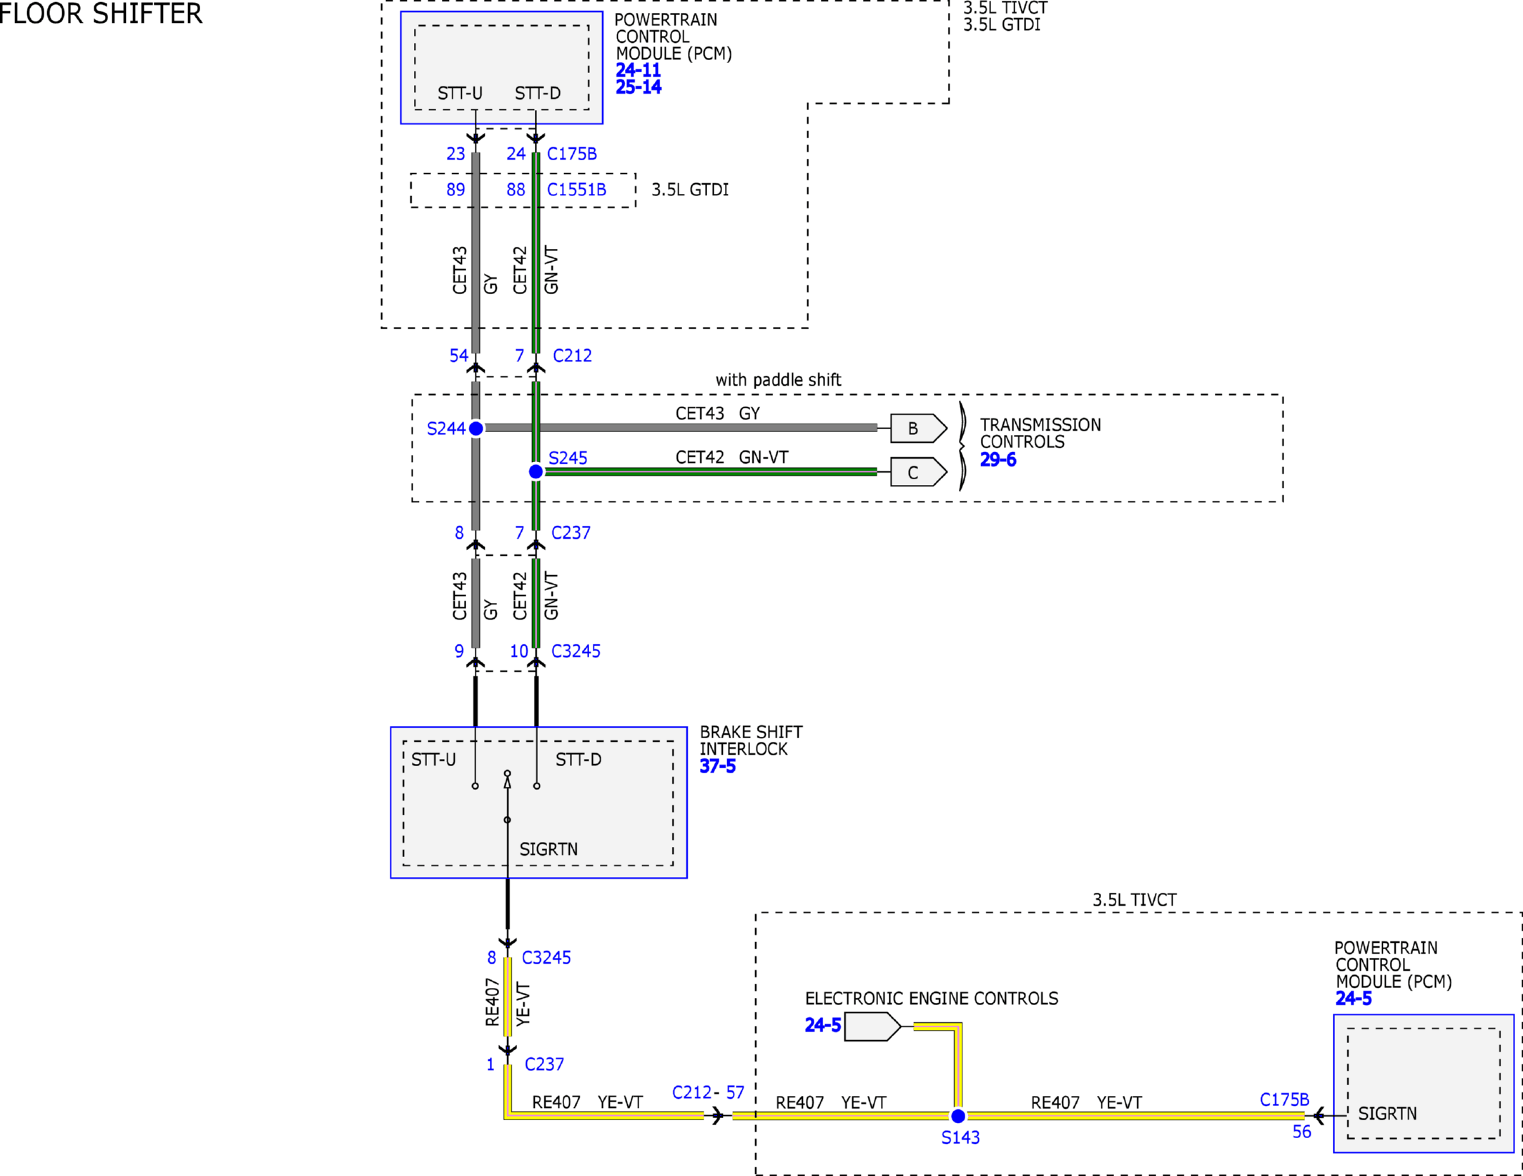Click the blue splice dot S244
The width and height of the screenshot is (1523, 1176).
[x=475, y=428]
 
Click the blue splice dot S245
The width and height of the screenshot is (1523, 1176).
[x=536, y=471]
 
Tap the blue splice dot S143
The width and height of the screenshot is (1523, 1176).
[x=958, y=1115]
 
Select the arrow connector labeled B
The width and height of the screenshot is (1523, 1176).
[x=918, y=428]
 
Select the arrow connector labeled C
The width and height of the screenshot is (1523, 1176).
[x=918, y=472]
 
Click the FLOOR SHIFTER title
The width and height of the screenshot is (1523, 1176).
[x=100, y=14]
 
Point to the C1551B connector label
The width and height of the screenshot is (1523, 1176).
[x=576, y=190]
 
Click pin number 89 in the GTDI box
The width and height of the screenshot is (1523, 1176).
[x=455, y=190]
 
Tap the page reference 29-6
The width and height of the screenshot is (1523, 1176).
[x=997, y=460]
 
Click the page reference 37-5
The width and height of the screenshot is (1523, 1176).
[x=717, y=766]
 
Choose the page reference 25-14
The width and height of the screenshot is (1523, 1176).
[x=639, y=87]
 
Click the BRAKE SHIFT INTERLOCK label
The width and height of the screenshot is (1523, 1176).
[x=751, y=740]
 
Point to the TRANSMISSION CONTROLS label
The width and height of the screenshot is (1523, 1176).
[x=1040, y=433]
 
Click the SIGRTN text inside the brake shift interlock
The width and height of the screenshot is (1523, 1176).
[x=548, y=849]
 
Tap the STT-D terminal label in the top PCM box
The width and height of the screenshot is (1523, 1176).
[x=538, y=93]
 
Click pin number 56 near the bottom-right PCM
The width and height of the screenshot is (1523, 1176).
[x=1301, y=1132]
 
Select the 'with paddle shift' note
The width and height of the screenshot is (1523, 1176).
[x=778, y=380]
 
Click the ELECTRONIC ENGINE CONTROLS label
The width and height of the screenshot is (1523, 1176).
[x=932, y=998]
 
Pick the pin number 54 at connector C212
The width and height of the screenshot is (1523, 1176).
[x=458, y=356]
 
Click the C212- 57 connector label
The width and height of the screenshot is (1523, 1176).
[x=708, y=1092]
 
